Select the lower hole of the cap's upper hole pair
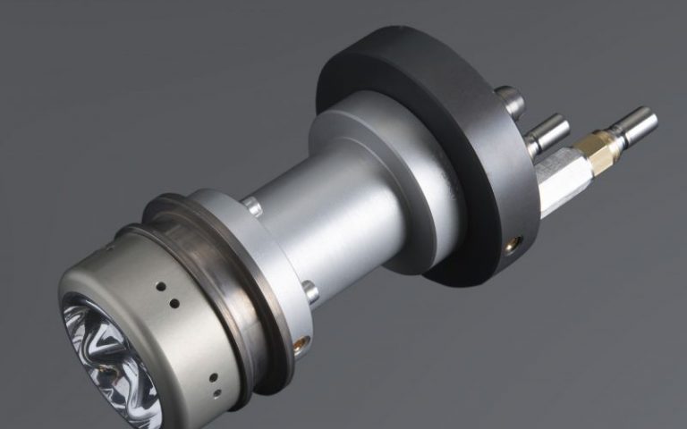tap(173, 304)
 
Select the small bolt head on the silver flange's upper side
tap(254, 206)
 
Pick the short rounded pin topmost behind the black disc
tap(511, 98)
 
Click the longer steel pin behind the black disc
tap(547, 132)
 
